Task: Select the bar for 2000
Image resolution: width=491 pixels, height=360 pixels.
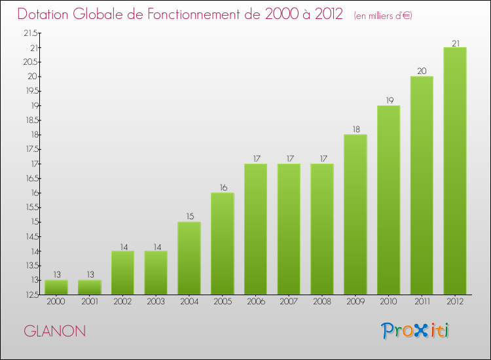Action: click(56, 287)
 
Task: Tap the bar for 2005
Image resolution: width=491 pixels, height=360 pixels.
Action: click(222, 243)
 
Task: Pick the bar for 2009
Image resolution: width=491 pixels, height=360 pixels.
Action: click(355, 214)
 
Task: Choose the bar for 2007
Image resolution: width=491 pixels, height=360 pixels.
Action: click(289, 228)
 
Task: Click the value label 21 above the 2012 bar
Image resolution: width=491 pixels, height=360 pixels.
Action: click(455, 43)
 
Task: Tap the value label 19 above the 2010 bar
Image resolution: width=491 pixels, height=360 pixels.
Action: click(388, 101)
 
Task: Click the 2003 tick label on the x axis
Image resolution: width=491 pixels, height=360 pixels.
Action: click(156, 302)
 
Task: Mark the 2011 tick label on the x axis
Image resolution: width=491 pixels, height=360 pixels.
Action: click(422, 302)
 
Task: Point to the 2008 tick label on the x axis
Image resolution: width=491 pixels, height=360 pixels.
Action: click(322, 302)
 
